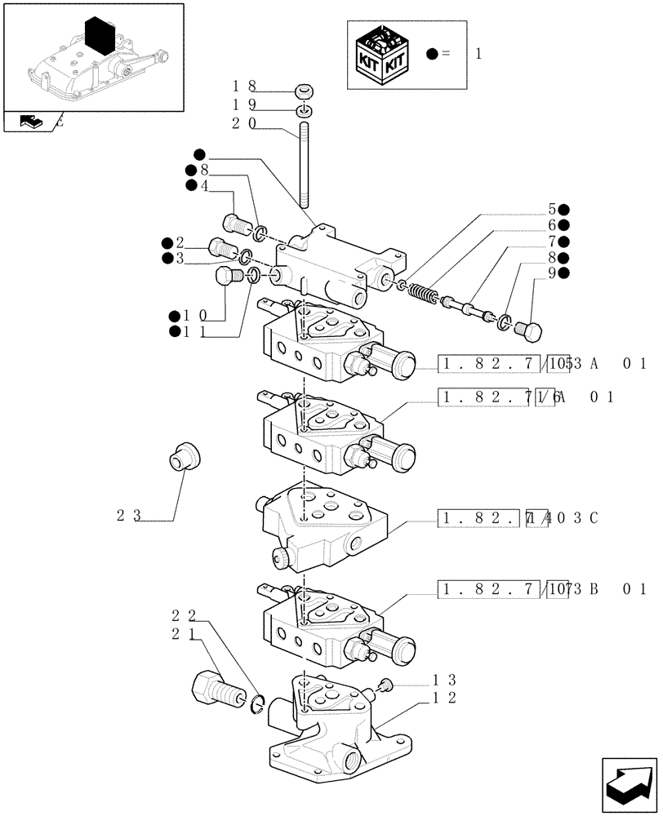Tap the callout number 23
click(129, 516)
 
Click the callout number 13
click(445, 679)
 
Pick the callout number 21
click(184, 633)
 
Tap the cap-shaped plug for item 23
click(184, 456)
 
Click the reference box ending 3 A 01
click(542, 364)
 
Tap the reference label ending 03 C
click(519, 517)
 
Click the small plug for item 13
click(388, 685)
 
